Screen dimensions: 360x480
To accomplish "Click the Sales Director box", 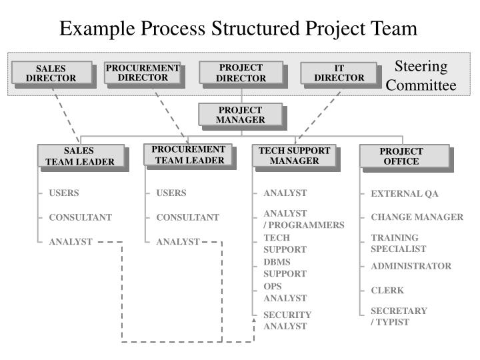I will coord(51,73).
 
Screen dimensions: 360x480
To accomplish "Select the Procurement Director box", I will coord(143,73).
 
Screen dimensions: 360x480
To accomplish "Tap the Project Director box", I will coord(241,73).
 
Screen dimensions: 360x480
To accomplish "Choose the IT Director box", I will coord(339,73).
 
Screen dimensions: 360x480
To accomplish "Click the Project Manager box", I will coord(241,115).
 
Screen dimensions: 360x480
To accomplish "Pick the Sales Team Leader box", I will coord(80,156).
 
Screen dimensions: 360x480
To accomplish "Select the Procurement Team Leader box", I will coord(188,155).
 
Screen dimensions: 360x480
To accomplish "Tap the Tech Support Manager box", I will coord(295,155).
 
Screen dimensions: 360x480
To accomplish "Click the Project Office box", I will coord(401,156).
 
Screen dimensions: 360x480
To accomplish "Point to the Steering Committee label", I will coord(421,76).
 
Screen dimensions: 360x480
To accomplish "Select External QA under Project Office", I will coord(405,194).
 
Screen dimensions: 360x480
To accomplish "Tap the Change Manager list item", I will coord(417,217).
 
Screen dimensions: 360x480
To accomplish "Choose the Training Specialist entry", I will coord(399,243).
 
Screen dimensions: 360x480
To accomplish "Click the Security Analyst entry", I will coord(287,320).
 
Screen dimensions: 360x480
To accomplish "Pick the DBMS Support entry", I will coord(285,268).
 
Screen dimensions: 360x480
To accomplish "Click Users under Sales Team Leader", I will coord(63,193).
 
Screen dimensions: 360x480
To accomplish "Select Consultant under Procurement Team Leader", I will coord(187,217).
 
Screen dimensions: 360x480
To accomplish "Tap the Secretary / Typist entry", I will coord(399,316).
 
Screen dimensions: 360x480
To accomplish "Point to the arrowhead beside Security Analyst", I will coord(254,321).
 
